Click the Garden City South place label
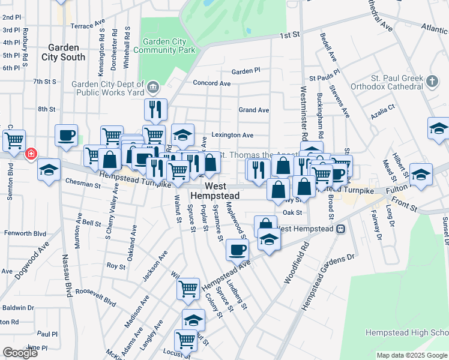[63, 52]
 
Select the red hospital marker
[29, 155]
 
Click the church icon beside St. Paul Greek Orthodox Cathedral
[431, 80]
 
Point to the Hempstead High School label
[406, 332]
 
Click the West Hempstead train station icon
[340, 229]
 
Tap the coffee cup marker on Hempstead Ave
[237, 248]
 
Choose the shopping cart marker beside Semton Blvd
[14, 141]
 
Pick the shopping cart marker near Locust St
[186, 340]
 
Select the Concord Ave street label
[211, 83]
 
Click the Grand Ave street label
[253, 110]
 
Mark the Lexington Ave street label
[231, 136]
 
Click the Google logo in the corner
[20, 353]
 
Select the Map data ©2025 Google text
[411, 355]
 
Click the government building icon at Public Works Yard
[153, 88]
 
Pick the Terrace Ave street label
[88, 26]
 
